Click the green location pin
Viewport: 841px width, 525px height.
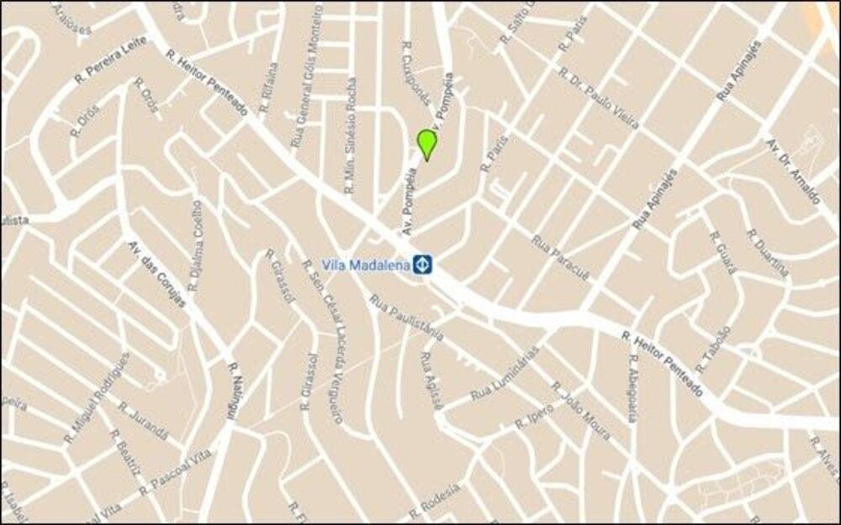click(427, 143)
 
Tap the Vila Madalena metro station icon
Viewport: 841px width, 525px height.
click(421, 265)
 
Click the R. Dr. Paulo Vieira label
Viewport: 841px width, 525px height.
click(598, 98)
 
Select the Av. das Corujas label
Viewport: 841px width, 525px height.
click(156, 274)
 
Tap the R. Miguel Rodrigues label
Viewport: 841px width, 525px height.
click(97, 398)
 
